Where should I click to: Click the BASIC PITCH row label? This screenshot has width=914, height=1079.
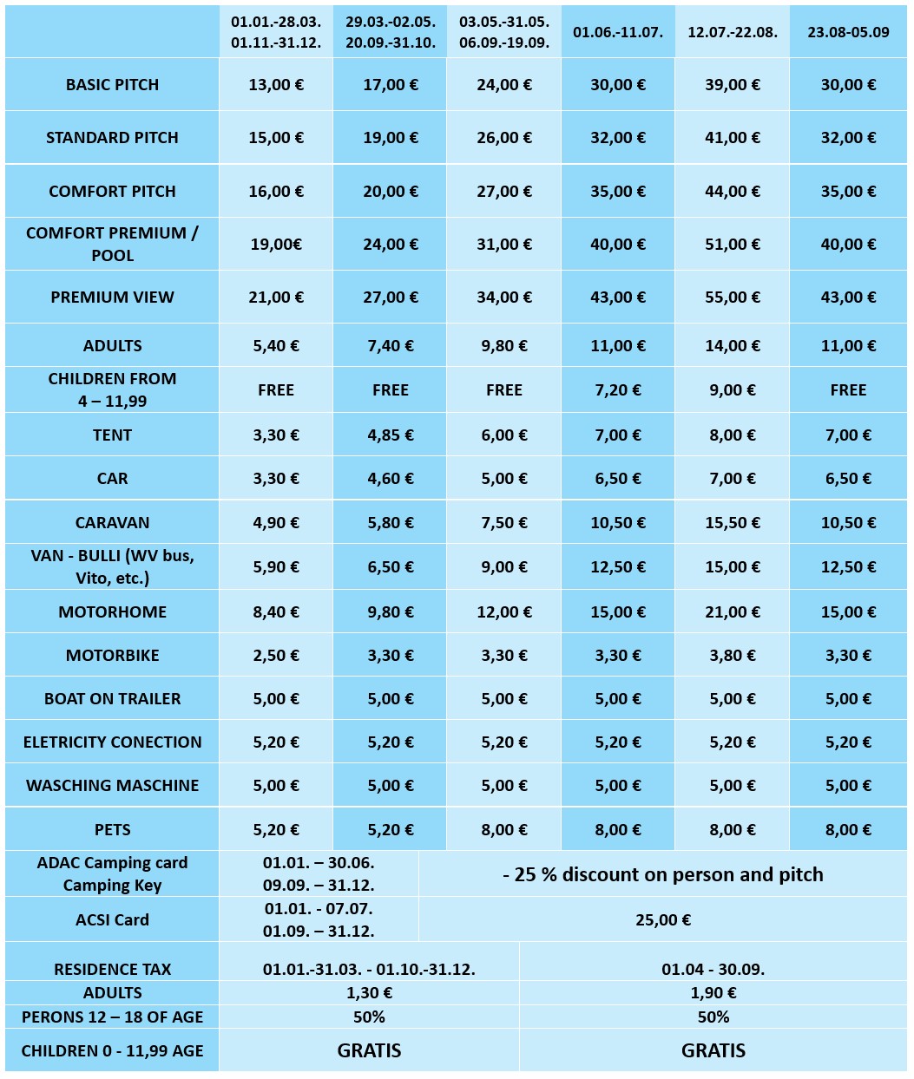coord(112,85)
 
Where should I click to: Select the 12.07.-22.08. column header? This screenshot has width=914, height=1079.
coord(732,32)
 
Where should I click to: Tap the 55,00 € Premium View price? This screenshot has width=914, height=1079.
coord(732,298)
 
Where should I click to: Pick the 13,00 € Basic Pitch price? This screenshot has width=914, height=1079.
coord(276,85)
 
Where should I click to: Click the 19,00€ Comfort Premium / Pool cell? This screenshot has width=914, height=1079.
coord(276,245)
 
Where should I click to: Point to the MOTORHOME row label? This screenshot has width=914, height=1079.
coord(112,612)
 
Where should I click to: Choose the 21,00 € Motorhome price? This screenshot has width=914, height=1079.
coord(732,612)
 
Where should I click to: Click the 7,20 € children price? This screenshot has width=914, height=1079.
coord(617,390)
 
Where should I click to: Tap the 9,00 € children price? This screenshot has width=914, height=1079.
coord(732,390)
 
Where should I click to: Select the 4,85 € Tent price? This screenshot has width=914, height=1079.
coord(390,435)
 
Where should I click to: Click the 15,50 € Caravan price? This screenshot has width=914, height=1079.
coord(732,523)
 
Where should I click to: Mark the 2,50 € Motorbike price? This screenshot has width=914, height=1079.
coord(276,656)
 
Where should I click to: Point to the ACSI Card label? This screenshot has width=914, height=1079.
coord(112,920)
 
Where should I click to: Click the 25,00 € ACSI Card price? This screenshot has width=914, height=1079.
coord(662,920)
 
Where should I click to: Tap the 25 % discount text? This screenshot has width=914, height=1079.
coord(662,874)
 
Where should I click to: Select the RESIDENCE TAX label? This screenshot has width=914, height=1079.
coord(112,970)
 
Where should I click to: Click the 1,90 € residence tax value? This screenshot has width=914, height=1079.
coord(713,993)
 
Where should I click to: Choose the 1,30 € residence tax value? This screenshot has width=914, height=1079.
coord(369,993)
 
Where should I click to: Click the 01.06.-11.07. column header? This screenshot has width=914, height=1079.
coord(617,32)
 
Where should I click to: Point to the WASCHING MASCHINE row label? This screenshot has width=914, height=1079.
coord(112,786)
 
